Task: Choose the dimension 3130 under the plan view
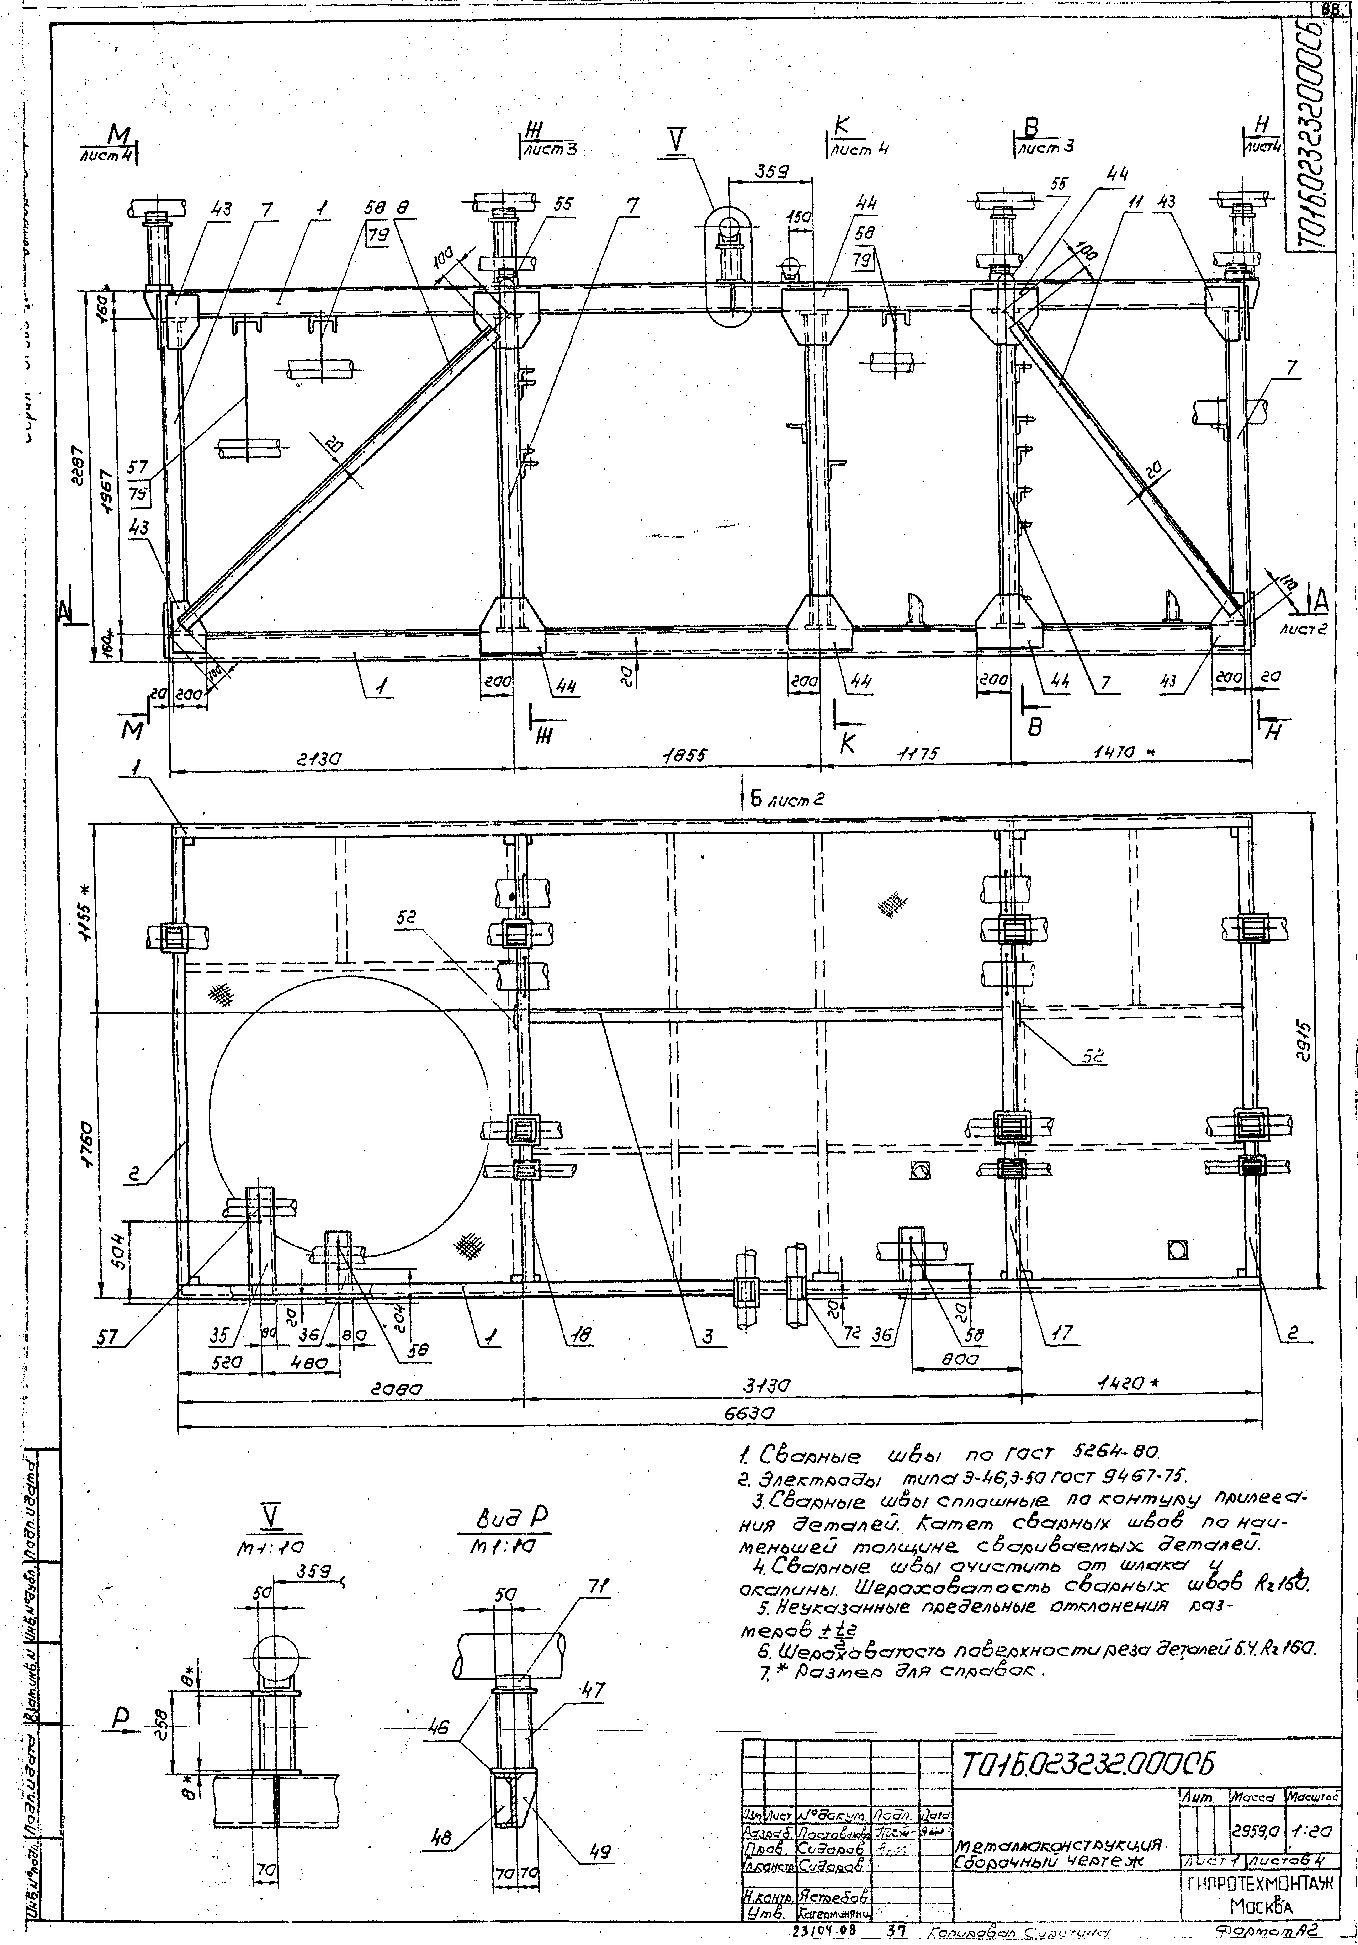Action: (x=767, y=1386)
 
